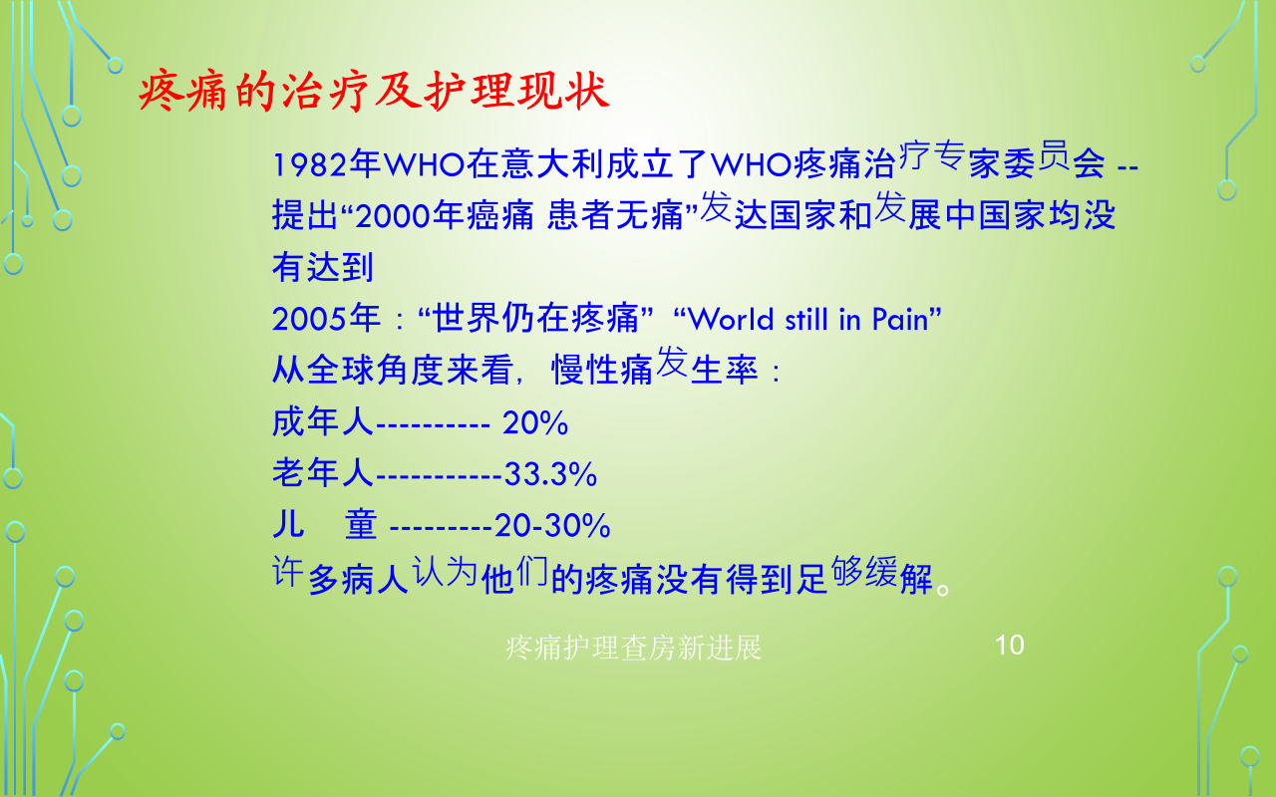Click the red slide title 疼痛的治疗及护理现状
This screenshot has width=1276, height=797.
pyautogui.click(x=374, y=91)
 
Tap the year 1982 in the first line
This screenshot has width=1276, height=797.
pyautogui.click(x=310, y=164)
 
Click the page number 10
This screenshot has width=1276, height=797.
pyautogui.click(x=1010, y=645)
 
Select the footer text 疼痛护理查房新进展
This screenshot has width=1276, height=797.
pyautogui.click(x=633, y=648)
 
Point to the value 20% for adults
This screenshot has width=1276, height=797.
pyautogui.click(x=535, y=423)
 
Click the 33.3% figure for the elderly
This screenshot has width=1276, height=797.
pyautogui.click(x=551, y=474)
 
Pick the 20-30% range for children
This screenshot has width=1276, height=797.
pyautogui.click(x=552, y=525)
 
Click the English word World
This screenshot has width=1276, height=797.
pyautogui.click(x=731, y=319)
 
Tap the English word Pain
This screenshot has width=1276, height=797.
pyautogui.click(x=900, y=319)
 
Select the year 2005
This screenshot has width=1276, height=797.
pyautogui.click(x=309, y=319)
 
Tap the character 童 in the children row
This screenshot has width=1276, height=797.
pyautogui.click(x=361, y=524)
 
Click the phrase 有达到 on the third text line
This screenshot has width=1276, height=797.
pyautogui.click(x=323, y=267)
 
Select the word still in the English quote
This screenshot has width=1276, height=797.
pyautogui.click(x=806, y=319)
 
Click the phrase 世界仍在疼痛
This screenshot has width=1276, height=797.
pyautogui.click(x=536, y=318)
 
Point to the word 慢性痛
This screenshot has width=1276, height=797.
pyautogui.click(x=602, y=370)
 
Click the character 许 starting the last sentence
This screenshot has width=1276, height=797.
pyautogui.click(x=287, y=571)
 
